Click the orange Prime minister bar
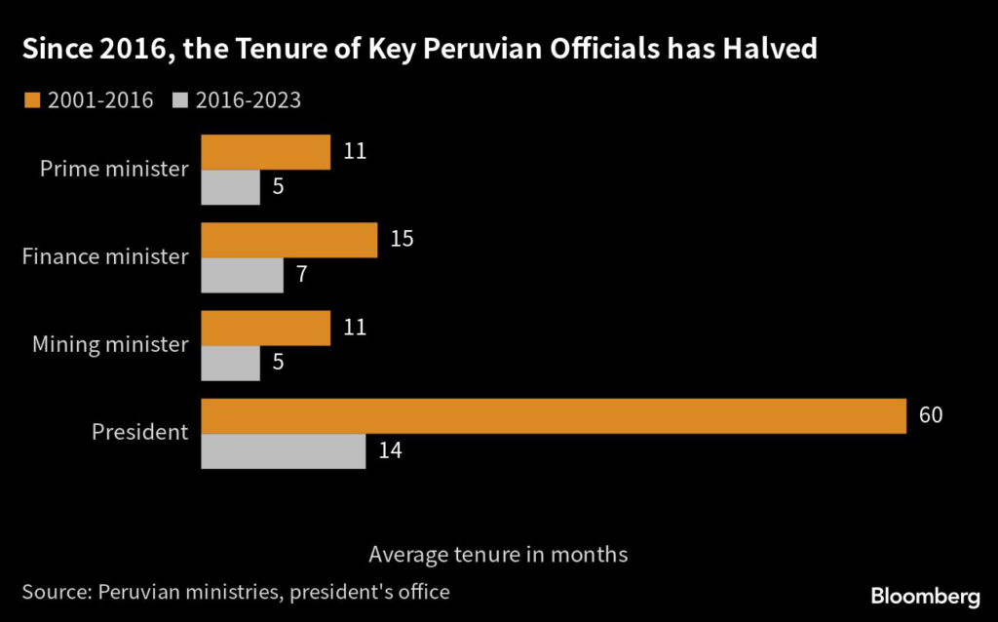click(x=265, y=152)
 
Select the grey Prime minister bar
click(x=230, y=187)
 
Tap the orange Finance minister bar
click(x=288, y=240)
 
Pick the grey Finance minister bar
click(x=242, y=275)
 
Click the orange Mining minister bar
click(x=265, y=328)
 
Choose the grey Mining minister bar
click(x=230, y=363)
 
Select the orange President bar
click(x=554, y=415)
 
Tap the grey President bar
click(x=283, y=450)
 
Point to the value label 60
click(x=931, y=415)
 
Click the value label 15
click(x=402, y=239)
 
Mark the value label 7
click(x=302, y=275)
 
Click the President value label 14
click(x=390, y=450)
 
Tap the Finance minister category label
click(x=104, y=256)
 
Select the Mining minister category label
click(x=110, y=344)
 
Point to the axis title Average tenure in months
click(x=498, y=554)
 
